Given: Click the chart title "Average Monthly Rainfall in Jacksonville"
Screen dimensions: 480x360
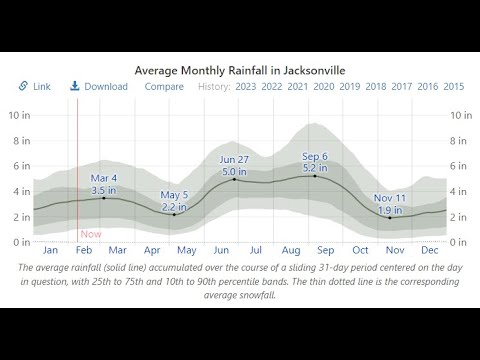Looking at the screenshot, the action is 240,71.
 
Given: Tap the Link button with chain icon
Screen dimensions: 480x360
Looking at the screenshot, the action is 34,86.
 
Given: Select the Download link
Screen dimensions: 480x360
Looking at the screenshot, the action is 99,86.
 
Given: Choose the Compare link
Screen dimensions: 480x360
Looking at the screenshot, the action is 164,87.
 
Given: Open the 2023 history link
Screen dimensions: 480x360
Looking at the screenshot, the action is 246,87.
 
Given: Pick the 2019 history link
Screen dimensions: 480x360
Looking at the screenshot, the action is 350,87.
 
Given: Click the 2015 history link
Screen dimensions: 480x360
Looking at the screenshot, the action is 454,87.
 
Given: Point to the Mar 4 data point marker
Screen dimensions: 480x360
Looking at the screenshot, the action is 104,198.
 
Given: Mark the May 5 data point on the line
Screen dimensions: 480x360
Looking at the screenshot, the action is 174,215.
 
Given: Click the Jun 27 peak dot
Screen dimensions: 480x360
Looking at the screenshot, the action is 234,179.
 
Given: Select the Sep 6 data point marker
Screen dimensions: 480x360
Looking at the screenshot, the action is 315,176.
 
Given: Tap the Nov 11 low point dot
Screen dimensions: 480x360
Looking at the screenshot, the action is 390,218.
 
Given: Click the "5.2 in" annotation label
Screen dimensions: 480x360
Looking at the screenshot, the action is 315,168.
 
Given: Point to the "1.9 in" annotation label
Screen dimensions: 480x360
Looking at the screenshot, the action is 390,210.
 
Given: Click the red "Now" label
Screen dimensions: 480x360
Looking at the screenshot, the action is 91,234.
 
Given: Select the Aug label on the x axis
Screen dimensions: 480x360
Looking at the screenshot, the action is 291,250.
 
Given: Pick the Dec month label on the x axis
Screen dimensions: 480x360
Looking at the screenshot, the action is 429,250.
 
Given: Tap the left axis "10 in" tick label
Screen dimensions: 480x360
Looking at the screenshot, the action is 19,115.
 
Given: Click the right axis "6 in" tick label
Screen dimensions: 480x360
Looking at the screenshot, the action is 458,166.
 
